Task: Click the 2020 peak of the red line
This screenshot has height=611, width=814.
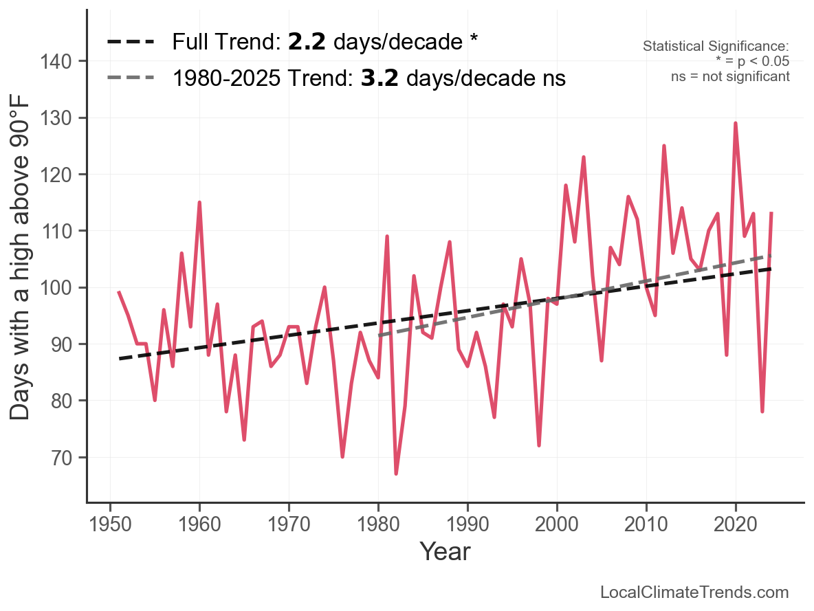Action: [x=736, y=124]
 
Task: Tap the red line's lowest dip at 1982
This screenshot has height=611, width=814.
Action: [x=396, y=473]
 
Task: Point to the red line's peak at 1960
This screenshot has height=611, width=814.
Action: [x=199, y=203]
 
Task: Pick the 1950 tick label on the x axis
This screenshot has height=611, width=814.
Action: [x=110, y=524]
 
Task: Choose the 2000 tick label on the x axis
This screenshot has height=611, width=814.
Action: [x=557, y=524]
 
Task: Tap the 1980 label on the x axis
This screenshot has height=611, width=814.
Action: [x=378, y=524]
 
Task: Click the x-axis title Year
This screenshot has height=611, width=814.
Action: [x=445, y=552]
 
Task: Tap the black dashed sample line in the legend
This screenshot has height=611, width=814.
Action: [x=131, y=43]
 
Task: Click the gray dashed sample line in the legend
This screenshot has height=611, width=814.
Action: [x=131, y=78]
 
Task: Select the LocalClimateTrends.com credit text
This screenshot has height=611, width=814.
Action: [x=694, y=592]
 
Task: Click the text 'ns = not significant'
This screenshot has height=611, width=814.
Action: [x=730, y=76]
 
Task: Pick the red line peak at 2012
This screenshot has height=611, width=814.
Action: [x=664, y=146]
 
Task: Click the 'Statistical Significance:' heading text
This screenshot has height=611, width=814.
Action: [x=716, y=47]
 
